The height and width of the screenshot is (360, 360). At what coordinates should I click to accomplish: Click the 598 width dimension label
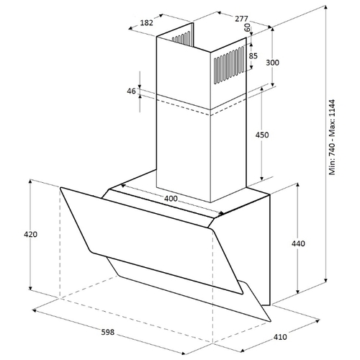[x=108, y=332]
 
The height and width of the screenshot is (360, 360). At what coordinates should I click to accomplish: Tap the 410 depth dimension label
[x=280, y=337]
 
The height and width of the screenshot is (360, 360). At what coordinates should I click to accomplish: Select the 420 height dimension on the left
[x=30, y=234]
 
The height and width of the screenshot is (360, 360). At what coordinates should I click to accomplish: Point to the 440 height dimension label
[x=298, y=243]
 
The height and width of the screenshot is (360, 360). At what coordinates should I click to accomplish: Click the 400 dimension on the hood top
[x=171, y=199]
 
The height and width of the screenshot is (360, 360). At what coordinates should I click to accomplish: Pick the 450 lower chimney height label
[x=262, y=135]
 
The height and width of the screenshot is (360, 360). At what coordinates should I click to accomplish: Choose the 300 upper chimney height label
[x=273, y=63]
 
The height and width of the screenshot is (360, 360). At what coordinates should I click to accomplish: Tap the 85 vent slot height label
[x=253, y=55]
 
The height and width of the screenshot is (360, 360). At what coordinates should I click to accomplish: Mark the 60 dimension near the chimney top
[x=248, y=27]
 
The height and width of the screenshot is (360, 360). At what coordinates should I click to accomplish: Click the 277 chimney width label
[x=241, y=19]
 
